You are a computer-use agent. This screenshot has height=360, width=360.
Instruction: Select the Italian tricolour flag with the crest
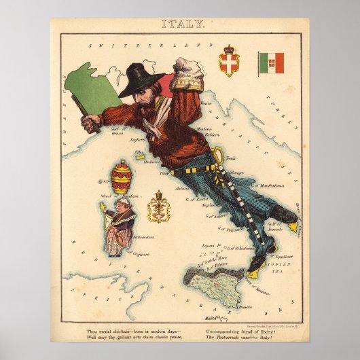(271, 62)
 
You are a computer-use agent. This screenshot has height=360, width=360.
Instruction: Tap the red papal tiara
(122, 176)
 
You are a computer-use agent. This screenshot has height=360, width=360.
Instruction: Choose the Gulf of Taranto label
(273, 226)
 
